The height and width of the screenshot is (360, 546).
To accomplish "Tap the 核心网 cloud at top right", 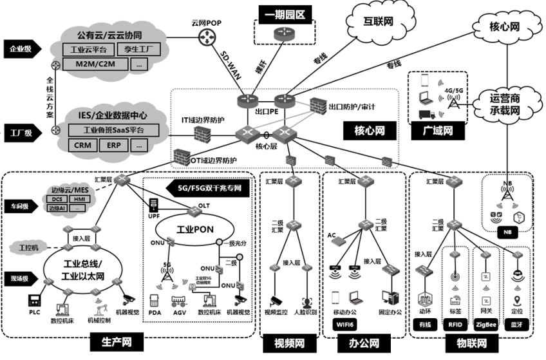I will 504,27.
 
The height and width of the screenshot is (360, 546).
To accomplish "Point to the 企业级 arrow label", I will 22,48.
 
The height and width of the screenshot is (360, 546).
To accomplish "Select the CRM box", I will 82,146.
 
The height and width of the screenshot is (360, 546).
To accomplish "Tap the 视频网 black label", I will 290,341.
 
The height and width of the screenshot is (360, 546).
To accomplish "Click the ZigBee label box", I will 487,325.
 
